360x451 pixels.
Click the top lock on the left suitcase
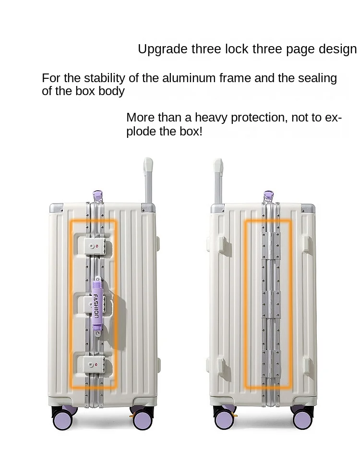pos(94,246)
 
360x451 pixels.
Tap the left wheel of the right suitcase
pos(223,419)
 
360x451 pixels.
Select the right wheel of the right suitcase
pos(302,419)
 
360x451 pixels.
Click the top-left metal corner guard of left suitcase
pos(56,207)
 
